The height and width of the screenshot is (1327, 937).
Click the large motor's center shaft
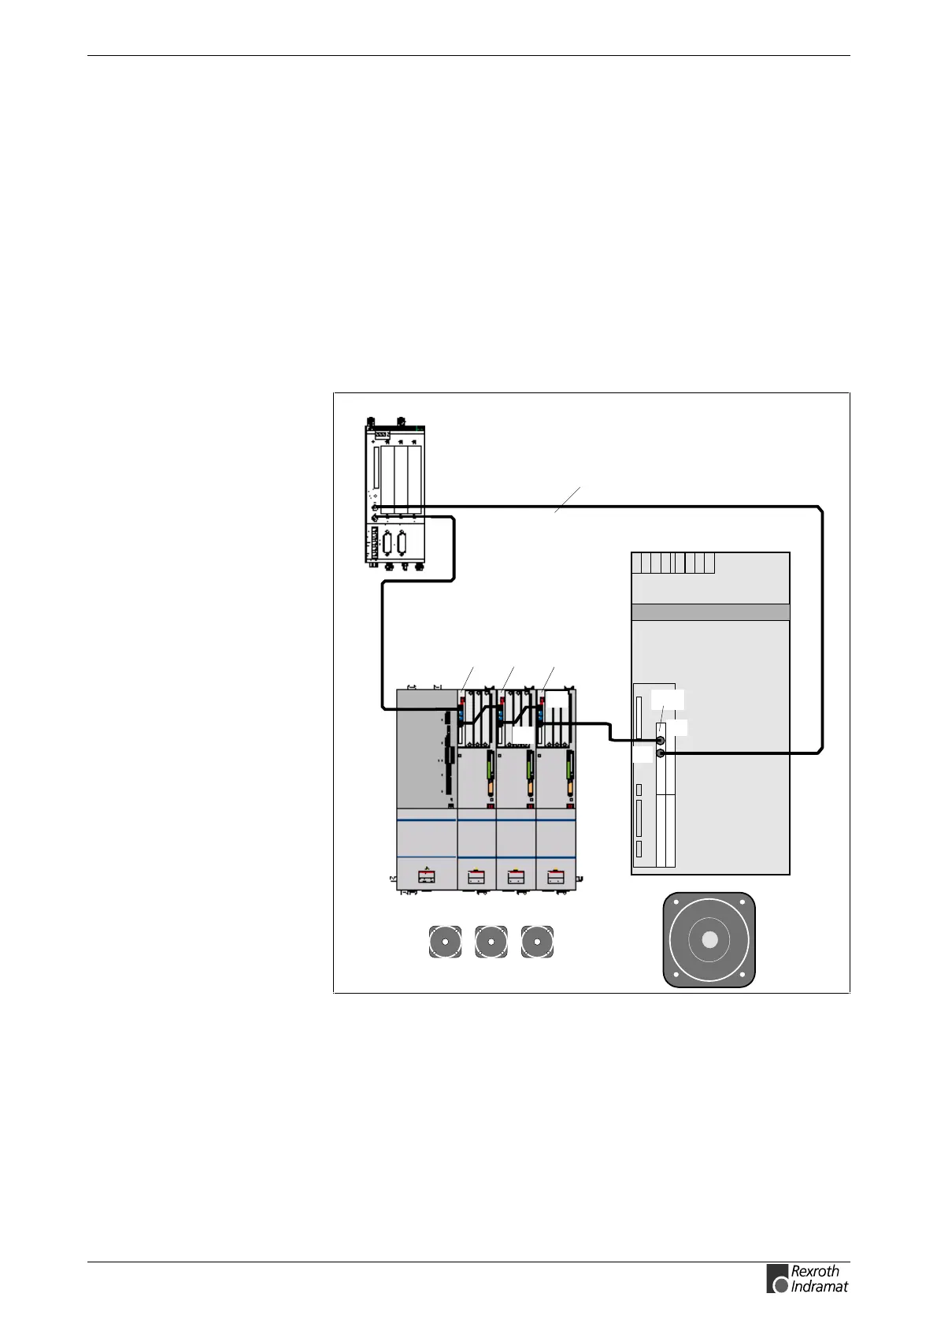tap(709, 939)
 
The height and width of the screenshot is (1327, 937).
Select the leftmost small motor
tap(445, 942)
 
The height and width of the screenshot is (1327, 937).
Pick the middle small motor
tap(491, 942)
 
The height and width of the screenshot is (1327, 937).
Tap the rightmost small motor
tap(537, 942)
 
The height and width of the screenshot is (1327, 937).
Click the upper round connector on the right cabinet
tap(660, 740)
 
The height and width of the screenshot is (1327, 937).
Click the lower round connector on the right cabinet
tap(660, 753)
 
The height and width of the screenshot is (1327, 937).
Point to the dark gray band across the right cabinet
tap(710, 612)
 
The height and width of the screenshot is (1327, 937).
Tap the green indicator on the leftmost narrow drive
tap(488, 765)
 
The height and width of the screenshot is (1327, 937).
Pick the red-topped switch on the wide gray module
tap(426, 875)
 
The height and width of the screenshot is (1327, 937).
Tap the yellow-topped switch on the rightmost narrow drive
tap(556, 875)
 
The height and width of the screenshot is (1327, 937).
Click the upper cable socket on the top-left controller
tap(376, 508)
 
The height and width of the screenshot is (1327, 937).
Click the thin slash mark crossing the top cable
tap(568, 500)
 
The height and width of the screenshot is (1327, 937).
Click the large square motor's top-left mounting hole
tap(674, 904)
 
